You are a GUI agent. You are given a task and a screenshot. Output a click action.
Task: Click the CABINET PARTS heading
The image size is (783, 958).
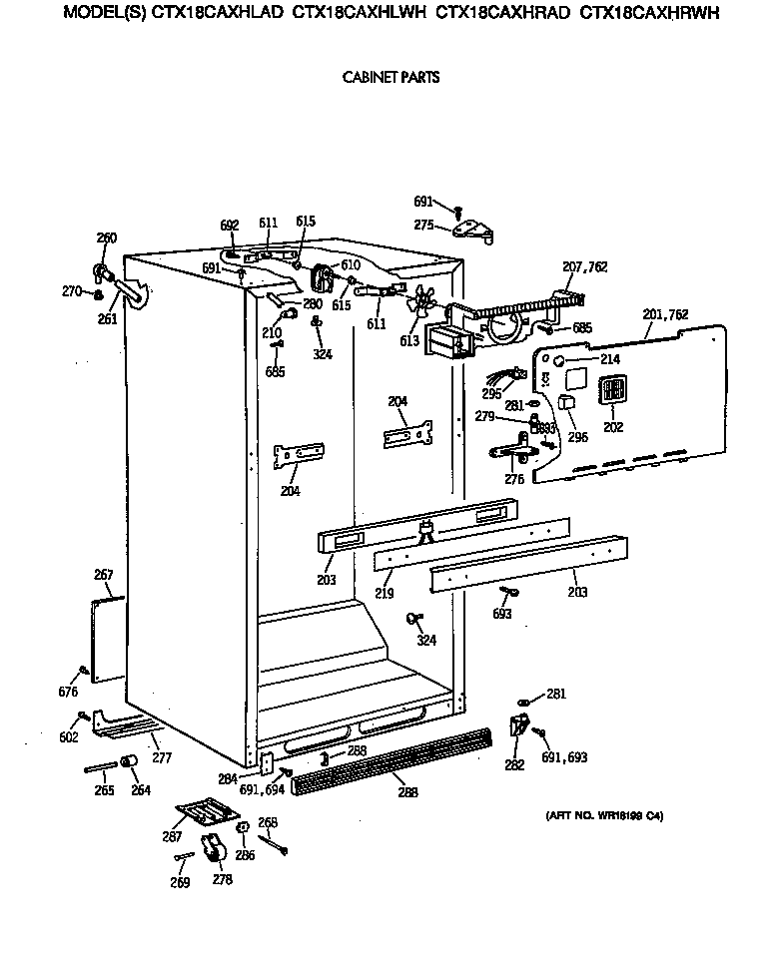[391, 77]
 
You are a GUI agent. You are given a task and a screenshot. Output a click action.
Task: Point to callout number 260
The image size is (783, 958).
[106, 238]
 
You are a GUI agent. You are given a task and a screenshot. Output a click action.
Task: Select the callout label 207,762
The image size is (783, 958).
[585, 267]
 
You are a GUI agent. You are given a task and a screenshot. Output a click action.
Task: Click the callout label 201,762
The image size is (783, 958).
[665, 314]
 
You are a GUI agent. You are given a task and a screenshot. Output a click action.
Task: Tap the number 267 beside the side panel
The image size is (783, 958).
[103, 575]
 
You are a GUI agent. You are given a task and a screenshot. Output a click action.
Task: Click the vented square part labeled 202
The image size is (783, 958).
[611, 390]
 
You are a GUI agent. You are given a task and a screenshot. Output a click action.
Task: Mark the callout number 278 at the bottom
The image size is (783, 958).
[221, 879]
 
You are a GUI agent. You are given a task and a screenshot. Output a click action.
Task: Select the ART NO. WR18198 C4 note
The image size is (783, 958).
[604, 816]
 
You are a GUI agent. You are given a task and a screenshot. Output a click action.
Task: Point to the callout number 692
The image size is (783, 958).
[230, 226]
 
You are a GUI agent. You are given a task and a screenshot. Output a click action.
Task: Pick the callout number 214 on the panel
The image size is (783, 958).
[610, 358]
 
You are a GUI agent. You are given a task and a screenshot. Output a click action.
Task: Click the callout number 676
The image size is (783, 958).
[68, 692]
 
